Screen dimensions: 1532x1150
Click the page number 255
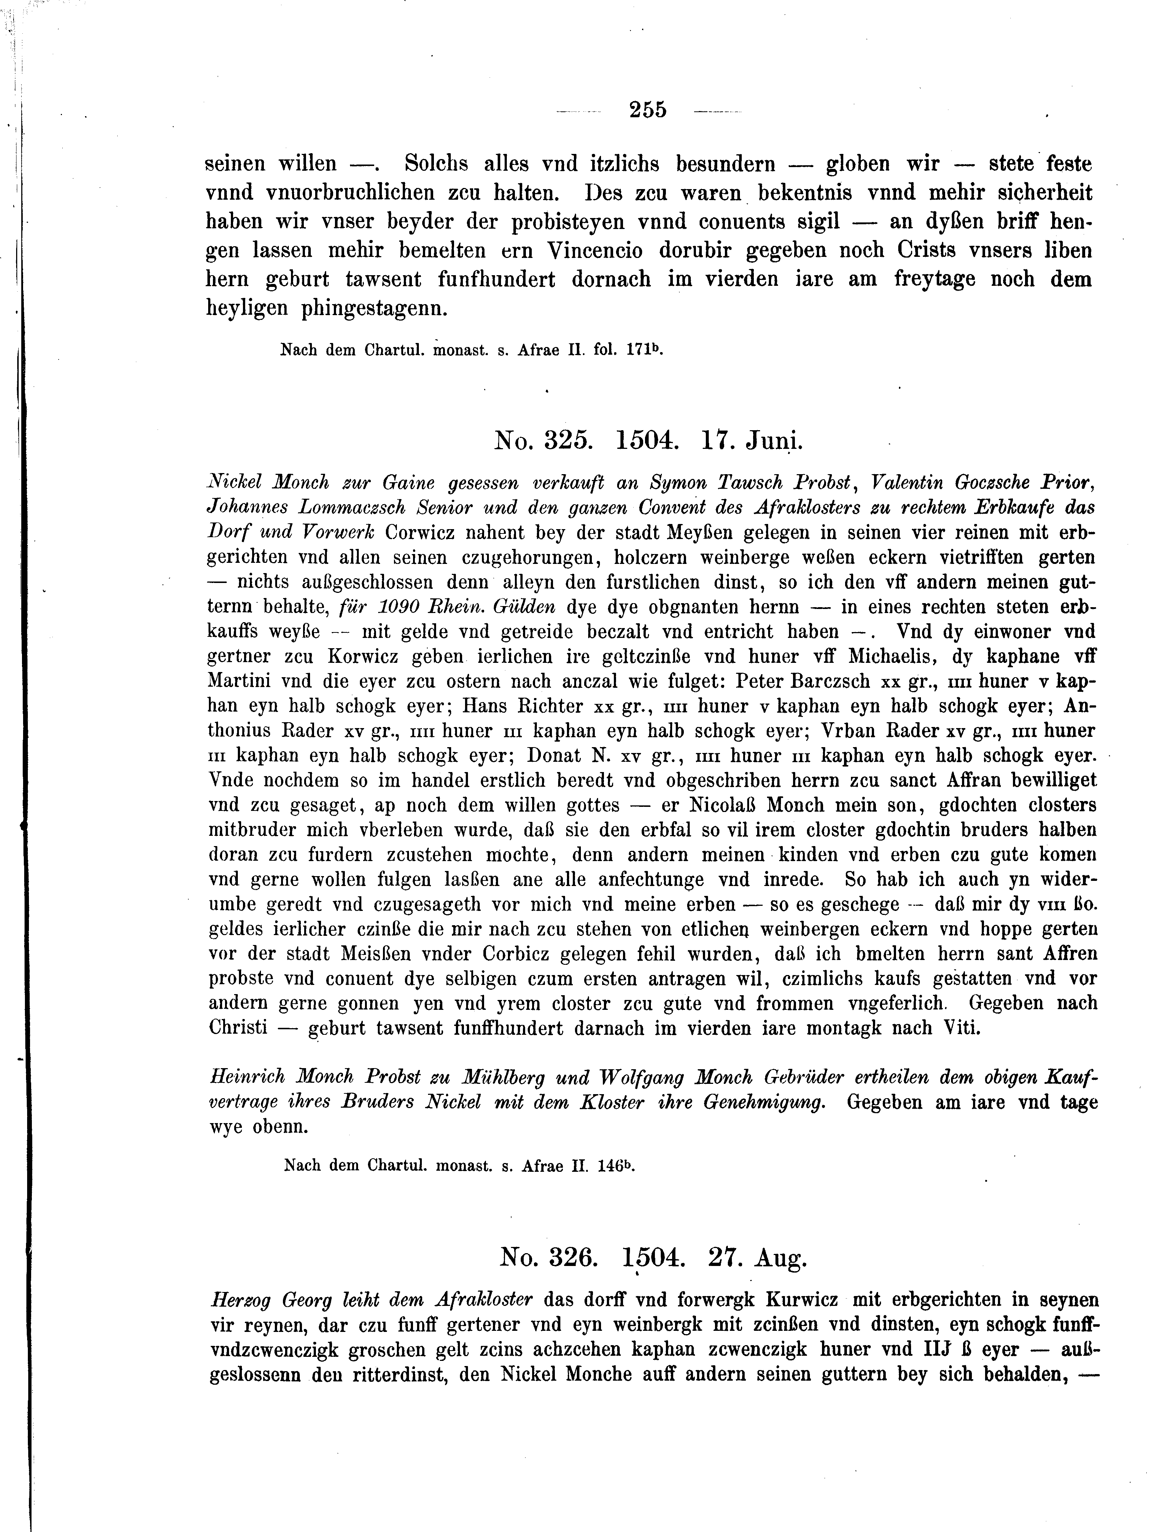[648, 110]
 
